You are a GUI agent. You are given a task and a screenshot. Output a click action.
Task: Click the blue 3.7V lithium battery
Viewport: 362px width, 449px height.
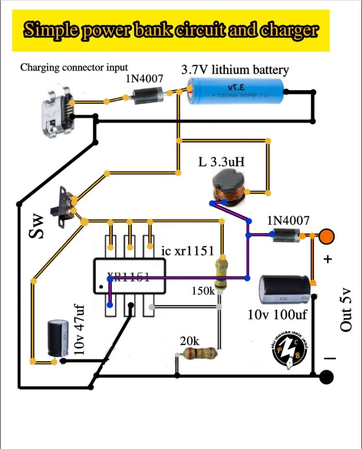[236, 92]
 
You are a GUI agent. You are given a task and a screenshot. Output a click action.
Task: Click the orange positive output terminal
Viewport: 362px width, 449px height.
[327, 236]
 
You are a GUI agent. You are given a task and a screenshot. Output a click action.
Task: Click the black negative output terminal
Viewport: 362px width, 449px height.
[326, 377]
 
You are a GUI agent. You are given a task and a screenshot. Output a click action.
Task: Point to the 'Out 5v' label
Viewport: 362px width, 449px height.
[346, 309]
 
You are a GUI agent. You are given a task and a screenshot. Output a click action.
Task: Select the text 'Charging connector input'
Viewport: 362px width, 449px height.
[74, 67]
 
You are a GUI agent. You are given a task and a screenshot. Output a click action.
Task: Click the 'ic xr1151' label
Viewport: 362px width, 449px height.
[188, 251]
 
